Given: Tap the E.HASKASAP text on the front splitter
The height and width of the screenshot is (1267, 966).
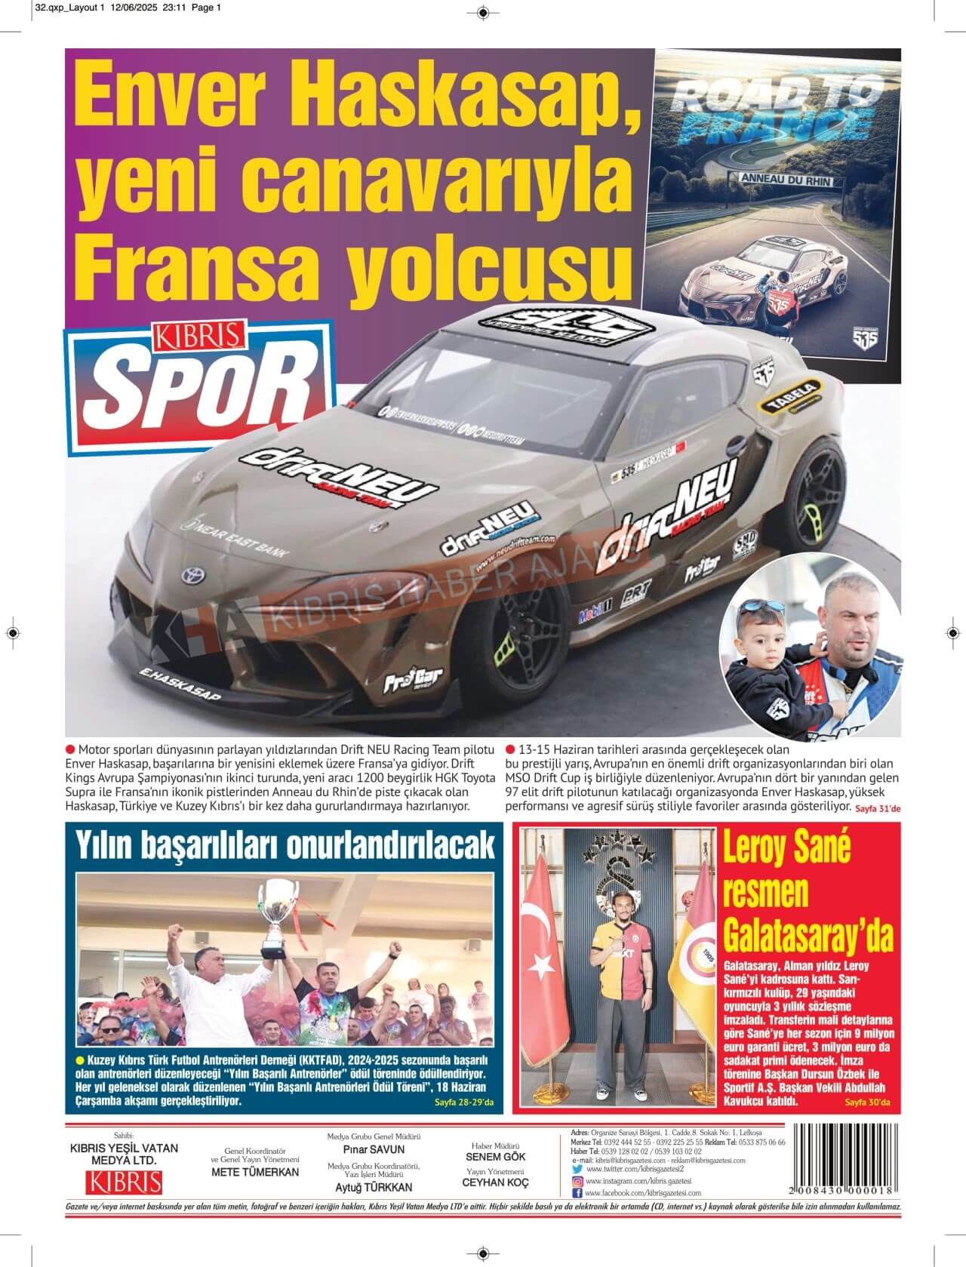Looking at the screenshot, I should click(x=179, y=683).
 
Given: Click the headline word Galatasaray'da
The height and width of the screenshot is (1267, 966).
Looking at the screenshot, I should click(x=808, y=933).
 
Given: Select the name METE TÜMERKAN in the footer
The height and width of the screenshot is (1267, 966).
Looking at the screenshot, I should click(x=255, y=1172).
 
